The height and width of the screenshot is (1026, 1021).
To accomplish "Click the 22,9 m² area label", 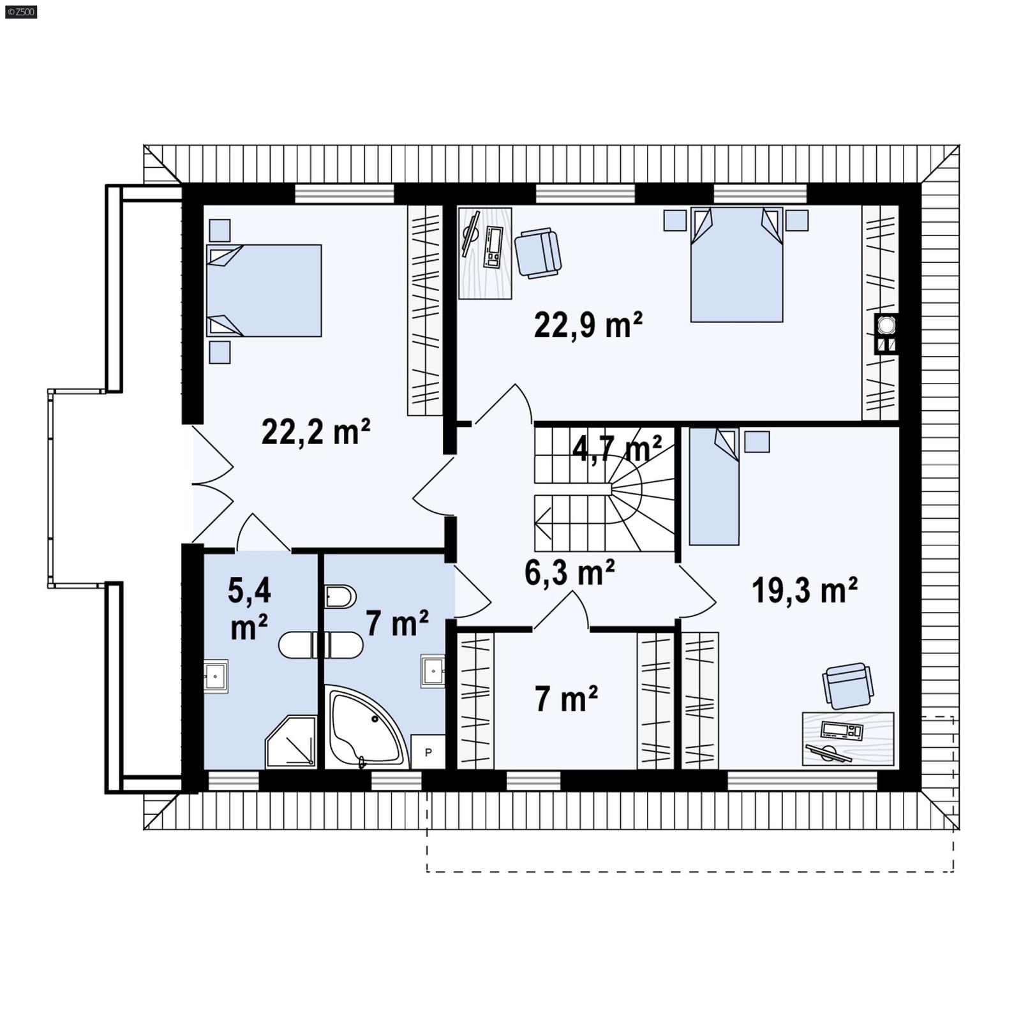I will coord(588,325).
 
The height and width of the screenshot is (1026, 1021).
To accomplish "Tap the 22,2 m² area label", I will coord(316,432).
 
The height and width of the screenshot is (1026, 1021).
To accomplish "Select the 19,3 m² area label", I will coord(804,590).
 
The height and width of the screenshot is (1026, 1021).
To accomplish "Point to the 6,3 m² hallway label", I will coord(569,572).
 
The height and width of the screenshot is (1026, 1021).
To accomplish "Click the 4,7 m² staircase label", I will coord(616,449).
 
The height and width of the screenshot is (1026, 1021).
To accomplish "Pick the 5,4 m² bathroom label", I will coord(249,609).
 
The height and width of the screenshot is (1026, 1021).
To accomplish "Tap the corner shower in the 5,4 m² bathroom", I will coord(292,743).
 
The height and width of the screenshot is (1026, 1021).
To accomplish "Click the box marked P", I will coord(428,752).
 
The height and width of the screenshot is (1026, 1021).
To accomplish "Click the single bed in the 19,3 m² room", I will coord(714,486).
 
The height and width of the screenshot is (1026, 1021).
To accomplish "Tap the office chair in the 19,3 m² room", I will coord(847,685).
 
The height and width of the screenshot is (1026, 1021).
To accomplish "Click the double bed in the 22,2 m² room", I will coord(264,290).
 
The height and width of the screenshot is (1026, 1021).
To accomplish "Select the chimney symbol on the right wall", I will coord(886,334).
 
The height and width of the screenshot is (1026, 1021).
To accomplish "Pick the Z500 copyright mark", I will coord(20,11).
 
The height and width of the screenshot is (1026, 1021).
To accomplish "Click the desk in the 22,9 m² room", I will coord(485,253).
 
